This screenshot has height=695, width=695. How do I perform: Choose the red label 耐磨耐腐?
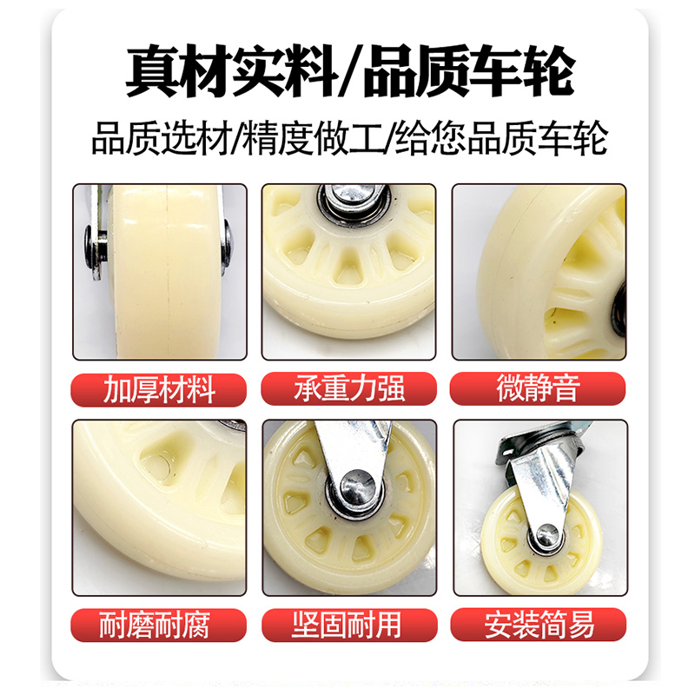click(159, 624)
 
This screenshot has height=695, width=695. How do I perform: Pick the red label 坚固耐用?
click(348, 624)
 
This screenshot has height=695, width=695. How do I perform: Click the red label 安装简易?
click(539, 624)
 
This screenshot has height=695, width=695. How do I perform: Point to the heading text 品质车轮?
click(469, 72)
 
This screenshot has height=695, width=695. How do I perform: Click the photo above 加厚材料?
click(159, 271)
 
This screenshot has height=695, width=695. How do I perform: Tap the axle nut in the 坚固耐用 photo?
click(356, 488)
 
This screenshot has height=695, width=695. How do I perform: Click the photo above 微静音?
click(539, 271)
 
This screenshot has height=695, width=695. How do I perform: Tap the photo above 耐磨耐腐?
click(159, 507)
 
